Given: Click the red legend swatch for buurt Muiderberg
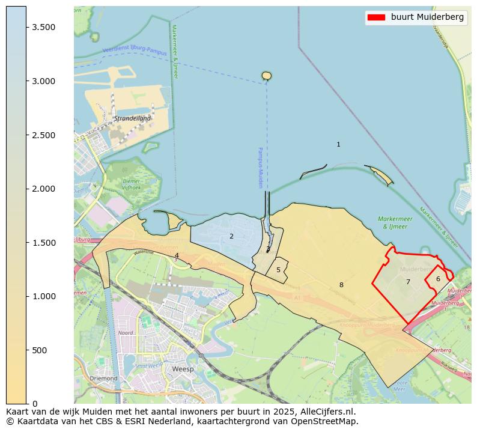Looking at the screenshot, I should tap(376, 17).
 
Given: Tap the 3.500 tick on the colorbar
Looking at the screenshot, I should tap(26, 28).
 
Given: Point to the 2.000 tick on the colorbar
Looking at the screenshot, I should tap(26, 189).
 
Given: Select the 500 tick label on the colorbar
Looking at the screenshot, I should tap(38, 350).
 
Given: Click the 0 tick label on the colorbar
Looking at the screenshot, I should tap(35, 404).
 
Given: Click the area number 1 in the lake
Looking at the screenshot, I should tap(338, 145).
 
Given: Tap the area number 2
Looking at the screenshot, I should tap(231, 237).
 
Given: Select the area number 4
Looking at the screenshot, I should tap(177, 256).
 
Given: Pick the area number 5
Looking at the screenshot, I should tap(278, 270).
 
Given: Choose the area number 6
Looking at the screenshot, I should tap(438, 279).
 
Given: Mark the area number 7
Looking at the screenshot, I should tap(408, 282).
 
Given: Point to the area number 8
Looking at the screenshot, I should tap(341, 285).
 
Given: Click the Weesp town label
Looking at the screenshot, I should tap(183, 369).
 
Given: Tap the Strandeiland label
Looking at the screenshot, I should tap(133, 118).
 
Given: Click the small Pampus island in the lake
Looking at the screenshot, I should tap(267, 76).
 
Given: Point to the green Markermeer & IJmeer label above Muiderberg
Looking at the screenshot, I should tap(395, 223).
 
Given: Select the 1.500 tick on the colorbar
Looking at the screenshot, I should tap(26, 243).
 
